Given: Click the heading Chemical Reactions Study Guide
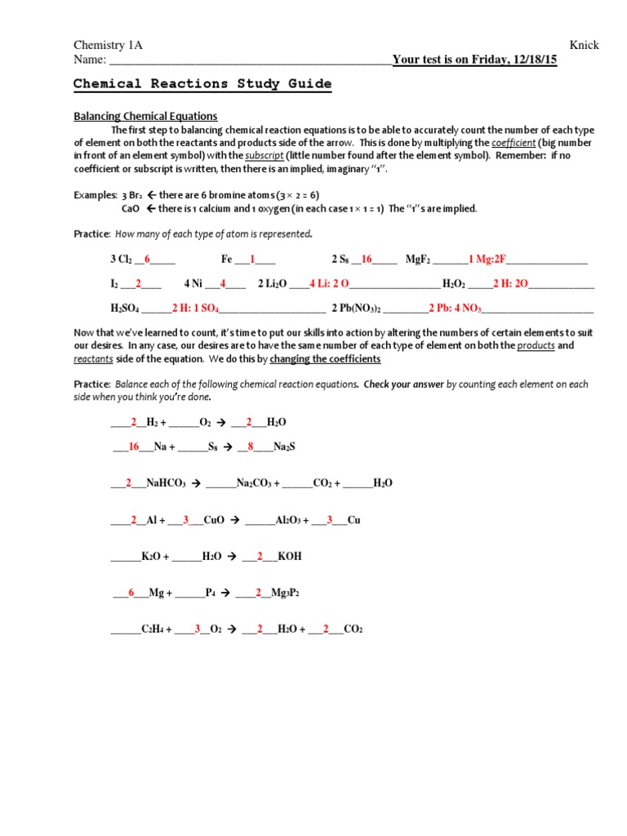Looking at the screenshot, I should [202, 83].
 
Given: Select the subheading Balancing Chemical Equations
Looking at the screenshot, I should [145, 116].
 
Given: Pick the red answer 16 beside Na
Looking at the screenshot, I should [134, 447].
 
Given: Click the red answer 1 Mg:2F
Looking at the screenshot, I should [487, 260].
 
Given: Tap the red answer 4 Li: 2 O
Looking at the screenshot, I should [329, 284].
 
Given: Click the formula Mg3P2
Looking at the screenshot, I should [285, 593].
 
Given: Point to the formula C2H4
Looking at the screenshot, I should [153, 629].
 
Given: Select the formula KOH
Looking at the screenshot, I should [290, 556].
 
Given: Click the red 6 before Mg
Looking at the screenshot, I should [131, 593].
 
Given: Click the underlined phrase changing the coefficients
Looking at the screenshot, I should [325, 359].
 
